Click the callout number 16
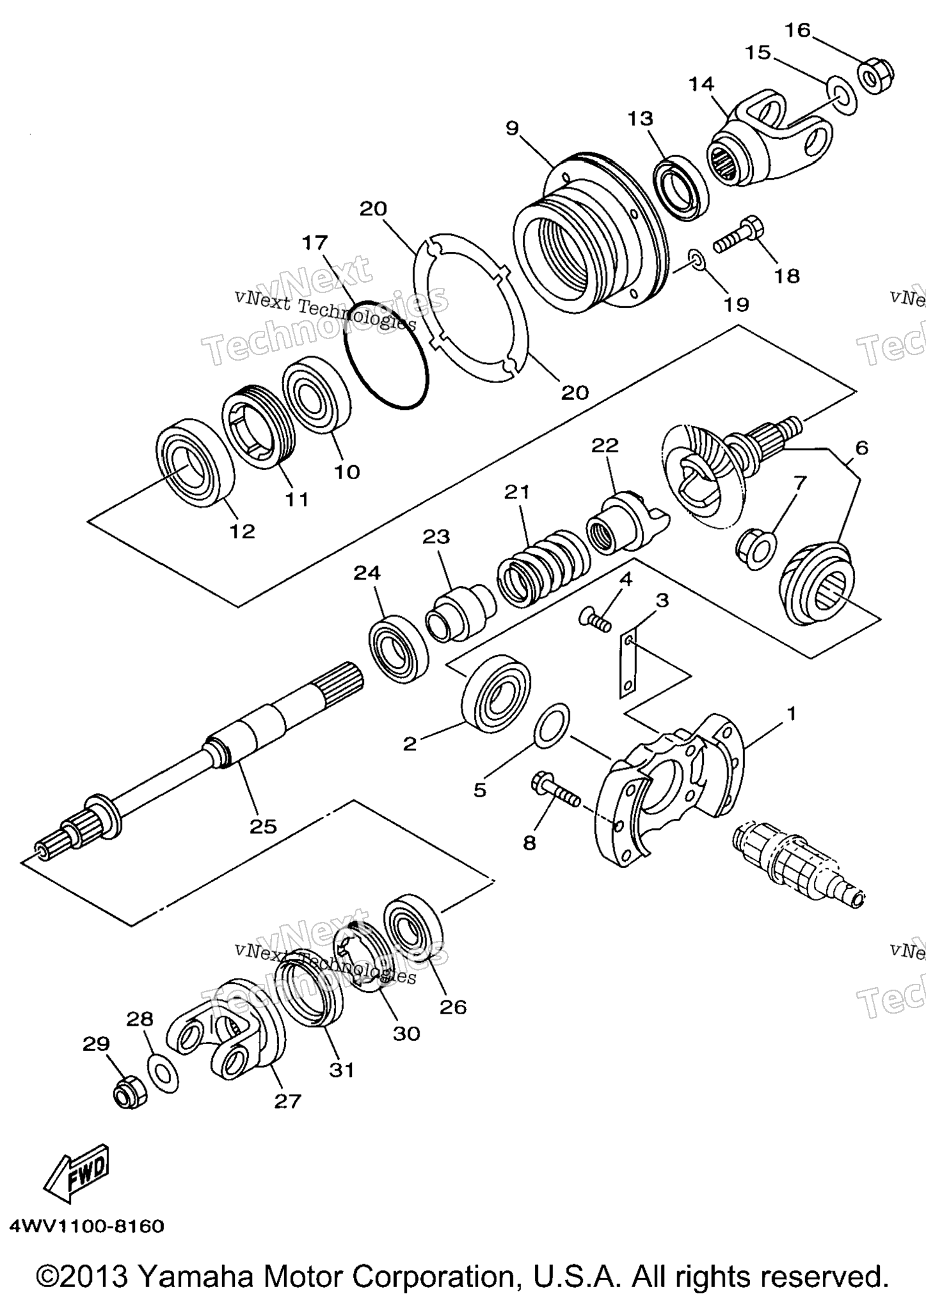[798, 30]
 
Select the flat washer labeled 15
[841, 95]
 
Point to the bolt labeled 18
[739, 235]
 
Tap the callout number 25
[263, 826]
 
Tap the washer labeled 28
[162, 1074]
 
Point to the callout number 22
[604, 445]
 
